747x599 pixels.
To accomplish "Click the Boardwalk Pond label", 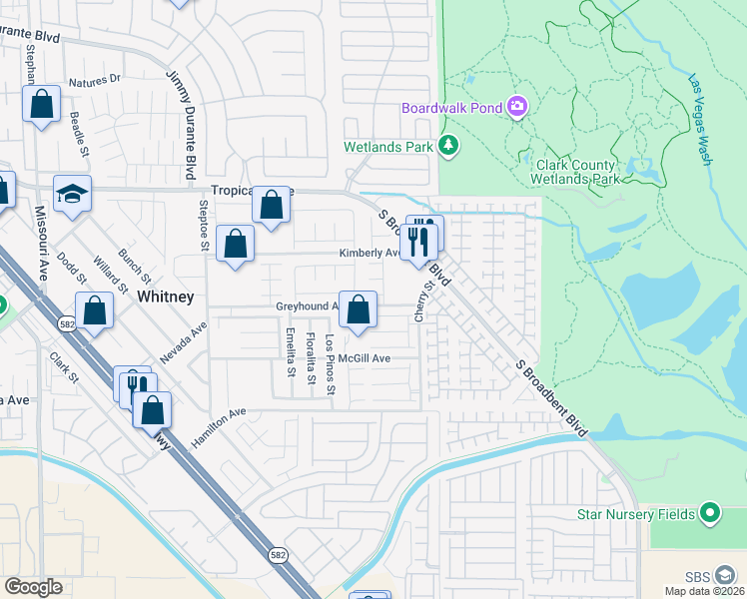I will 450,107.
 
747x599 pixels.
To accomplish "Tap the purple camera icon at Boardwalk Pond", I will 517,106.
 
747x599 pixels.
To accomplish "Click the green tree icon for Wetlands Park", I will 449,146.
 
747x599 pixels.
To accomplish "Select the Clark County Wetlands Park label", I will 578,172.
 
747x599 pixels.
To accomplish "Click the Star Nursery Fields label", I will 635,514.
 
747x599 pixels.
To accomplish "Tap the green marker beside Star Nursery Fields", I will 710,514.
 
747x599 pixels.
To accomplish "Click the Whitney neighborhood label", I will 166,298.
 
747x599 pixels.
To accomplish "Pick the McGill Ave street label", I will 364,357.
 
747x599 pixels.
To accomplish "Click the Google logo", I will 33,586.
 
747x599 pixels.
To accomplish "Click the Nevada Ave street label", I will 182,342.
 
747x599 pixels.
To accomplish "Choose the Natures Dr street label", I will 95,79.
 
